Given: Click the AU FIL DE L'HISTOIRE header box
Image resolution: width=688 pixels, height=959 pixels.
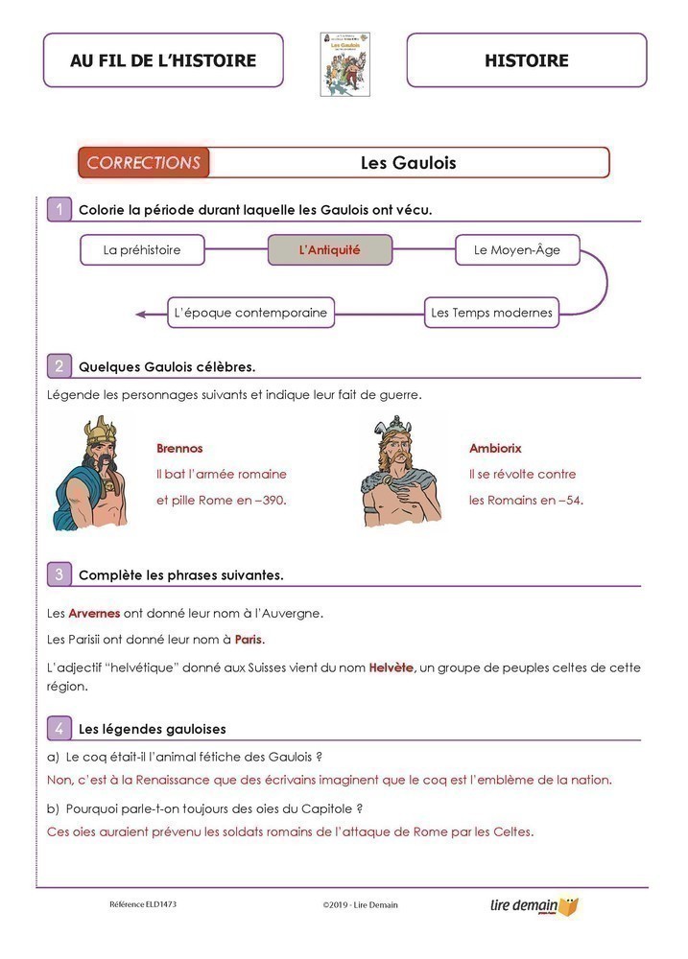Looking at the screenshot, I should [x=163, y=60].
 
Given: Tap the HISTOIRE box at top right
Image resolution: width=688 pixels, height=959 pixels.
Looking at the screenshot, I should [x=526, y=60].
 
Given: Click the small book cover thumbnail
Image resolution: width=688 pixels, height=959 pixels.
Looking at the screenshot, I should [x=345, y=64].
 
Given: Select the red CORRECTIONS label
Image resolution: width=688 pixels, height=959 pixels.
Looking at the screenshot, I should [x=144, y=163].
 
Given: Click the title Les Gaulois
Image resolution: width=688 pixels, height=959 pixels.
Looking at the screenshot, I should [x=408, y=163].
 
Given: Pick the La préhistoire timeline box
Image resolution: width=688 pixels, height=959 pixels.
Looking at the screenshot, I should [x=142, y=250].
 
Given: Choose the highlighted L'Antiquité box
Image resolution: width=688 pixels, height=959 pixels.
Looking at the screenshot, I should [x=330, y=250].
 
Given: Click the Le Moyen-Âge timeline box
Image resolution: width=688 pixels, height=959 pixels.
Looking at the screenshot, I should [x=517, y=250].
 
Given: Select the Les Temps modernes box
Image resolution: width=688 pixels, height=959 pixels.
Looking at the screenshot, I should [x=492, y=313].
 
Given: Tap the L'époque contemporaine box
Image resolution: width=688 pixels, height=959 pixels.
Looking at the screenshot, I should [x=250, y=313].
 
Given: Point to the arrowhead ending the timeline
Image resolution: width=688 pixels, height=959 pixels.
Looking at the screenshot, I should [x=141, y=314].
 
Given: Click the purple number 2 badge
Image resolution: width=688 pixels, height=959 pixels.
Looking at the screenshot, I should [x=59, y=365].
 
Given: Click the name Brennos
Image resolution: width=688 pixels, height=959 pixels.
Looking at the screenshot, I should [x=179, y=448].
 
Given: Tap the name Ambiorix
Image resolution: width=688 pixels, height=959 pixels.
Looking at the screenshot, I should [x=495, y=448].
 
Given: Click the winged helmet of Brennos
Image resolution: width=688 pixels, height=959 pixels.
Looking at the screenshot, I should [x=99, y=431].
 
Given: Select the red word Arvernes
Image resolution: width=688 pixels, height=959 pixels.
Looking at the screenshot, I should [x=94, y=613].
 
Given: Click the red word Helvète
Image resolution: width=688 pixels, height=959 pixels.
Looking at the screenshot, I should [x=391, y=667].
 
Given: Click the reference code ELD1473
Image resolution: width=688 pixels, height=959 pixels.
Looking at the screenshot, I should [x=143, y=904].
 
